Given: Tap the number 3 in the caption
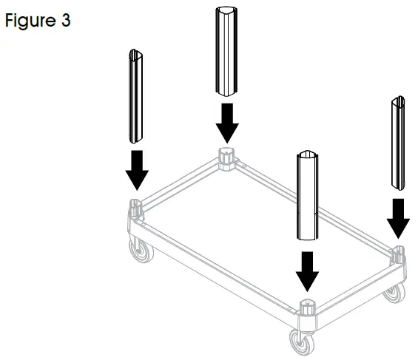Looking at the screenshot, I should (x=66, y=21).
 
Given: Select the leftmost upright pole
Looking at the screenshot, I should (x=135, y=97).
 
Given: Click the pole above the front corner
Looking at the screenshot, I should (x=308, y=196).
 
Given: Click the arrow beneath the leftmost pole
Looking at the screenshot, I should (x=136, y=171).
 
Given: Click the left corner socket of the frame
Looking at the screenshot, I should (x=136, y=207).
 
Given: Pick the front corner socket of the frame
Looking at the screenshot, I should (x=306, y=308).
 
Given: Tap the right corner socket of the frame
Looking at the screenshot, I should (x=399, y=255).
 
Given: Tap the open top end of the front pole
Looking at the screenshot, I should (x=308, y=155).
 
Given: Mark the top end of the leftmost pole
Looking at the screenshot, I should (x=135, y=53).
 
